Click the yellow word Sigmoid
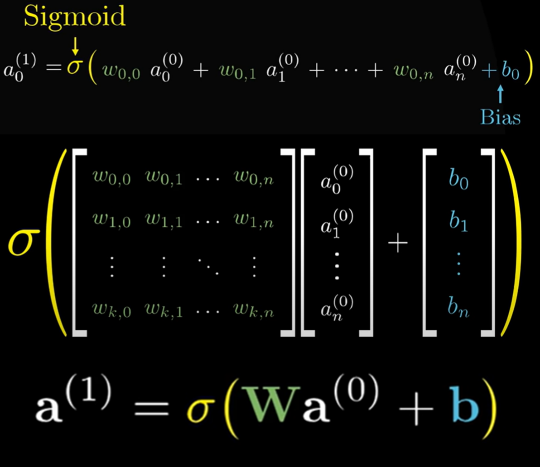click(74, 18)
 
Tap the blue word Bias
click(501, 117)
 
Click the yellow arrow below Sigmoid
click(75, 46)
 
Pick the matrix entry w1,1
click(164, 221)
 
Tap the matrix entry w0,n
click(254, 179)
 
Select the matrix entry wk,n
click(254, 310)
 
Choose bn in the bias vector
click(458, 310)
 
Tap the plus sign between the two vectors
click(398, 245)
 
